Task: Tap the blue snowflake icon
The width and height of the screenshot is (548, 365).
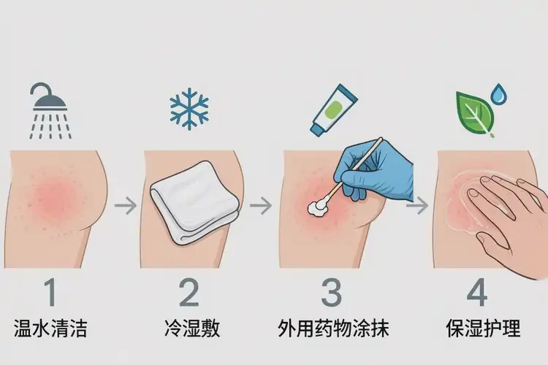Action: [189, 109]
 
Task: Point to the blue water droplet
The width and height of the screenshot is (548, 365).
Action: [500, 94]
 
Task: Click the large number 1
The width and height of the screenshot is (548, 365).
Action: [49, 292]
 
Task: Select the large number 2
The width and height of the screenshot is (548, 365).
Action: [189, 292]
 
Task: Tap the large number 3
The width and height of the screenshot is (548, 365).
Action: [332, 292]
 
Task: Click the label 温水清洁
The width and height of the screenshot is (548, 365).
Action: [50, 329]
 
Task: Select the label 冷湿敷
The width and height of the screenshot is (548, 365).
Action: [189, 329]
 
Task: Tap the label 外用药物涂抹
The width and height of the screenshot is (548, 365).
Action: [333, 329]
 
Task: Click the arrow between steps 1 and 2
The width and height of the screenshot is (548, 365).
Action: [126, 206]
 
